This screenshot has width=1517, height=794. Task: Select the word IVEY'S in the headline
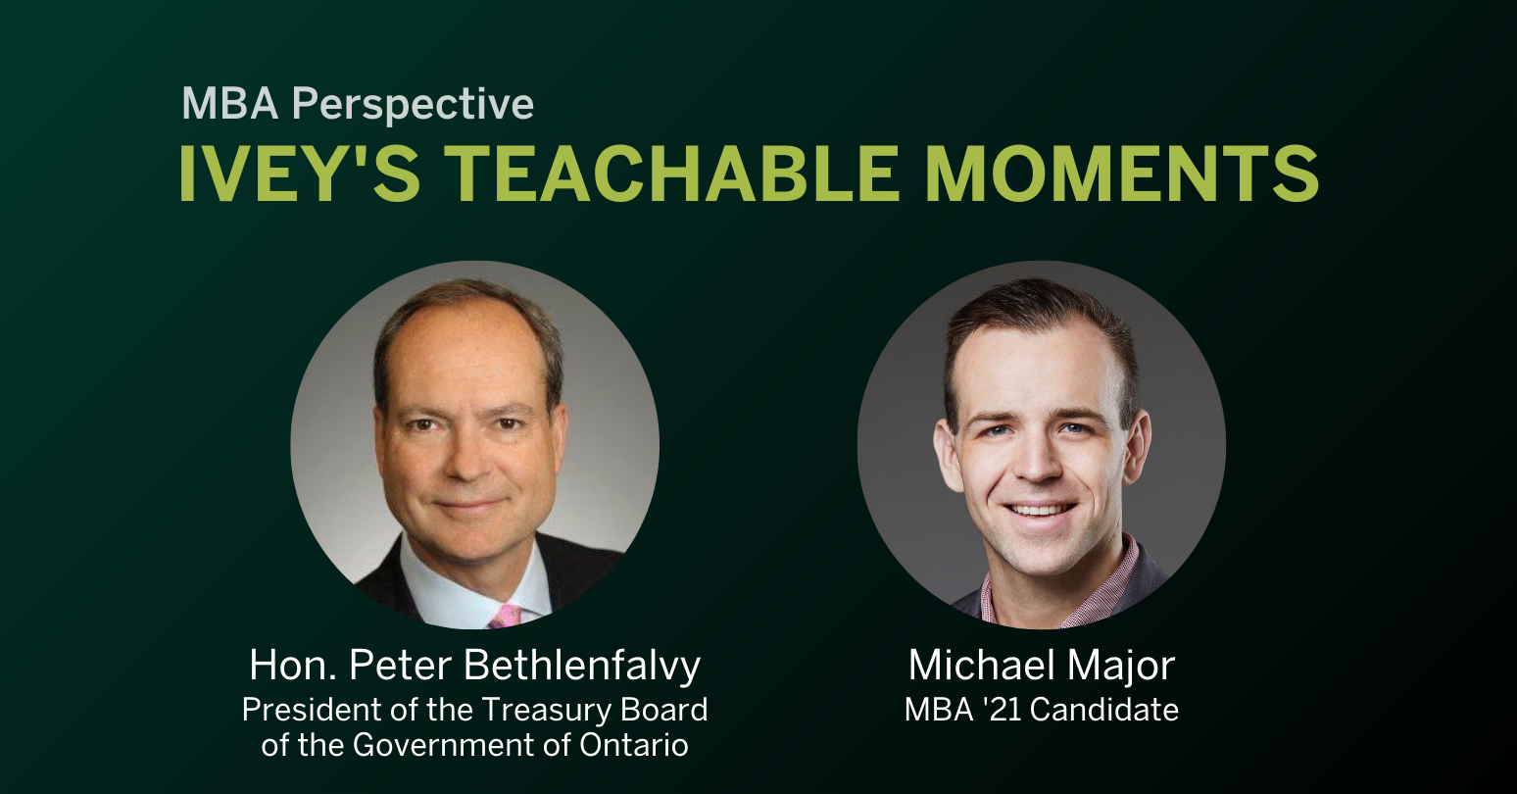[x=299, y=174]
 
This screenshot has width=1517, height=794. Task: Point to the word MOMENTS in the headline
[x=1121, y=174]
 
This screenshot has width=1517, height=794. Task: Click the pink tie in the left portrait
[x=506, y=616]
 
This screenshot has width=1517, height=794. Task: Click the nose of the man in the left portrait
[x=470, y=461]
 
